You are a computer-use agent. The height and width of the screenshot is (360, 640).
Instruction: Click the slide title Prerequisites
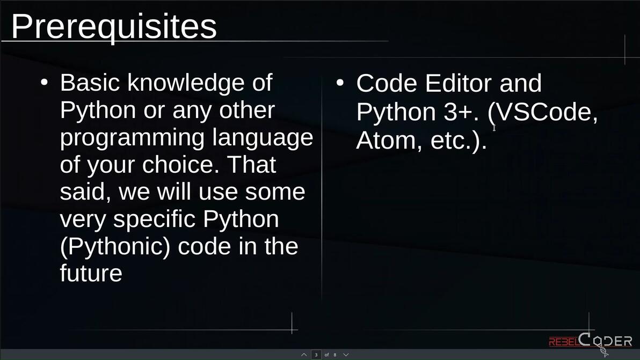(114, 26)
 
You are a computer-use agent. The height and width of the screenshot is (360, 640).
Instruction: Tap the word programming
(132, 138)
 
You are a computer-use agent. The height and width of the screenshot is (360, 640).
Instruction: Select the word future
(91, 274)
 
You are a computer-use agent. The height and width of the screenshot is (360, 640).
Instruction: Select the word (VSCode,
(543, 112)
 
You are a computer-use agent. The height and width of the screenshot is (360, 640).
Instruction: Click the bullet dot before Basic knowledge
(44, 83)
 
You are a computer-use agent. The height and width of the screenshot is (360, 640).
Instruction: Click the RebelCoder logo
(590, 341)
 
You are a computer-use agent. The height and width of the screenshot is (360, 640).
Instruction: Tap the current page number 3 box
(316, 355)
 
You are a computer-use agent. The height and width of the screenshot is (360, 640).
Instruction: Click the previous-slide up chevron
(304, 355)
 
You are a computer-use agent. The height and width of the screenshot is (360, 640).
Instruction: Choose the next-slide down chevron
(346, 355)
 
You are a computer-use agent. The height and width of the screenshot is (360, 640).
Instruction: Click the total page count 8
(334, 355)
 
